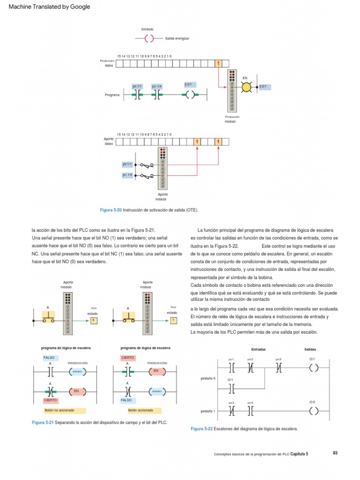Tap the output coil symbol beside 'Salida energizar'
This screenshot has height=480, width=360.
[x=149, y=38]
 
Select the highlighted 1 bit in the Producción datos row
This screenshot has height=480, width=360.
[x=218, y=63]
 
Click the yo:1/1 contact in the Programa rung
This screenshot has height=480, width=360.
[x=137, y=95]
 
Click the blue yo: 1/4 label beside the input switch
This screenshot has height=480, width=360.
[x=127, y=175]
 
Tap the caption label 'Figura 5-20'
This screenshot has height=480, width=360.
[x=111, y=210]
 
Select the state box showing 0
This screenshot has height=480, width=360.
[x=94, y=320]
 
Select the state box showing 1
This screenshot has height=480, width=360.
[x=173, y=320]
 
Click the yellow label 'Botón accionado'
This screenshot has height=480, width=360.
[x=141, y=410]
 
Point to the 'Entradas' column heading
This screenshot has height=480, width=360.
[x=259, y=349]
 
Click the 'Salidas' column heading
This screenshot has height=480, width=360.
[x=310, y=349]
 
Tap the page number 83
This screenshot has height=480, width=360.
[x=335, y=453]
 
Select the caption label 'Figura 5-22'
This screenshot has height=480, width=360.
[x=202, y=428]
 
